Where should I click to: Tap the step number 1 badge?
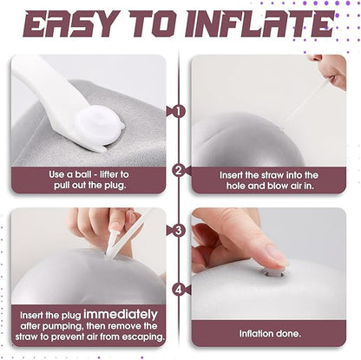[179, 111]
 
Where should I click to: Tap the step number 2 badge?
[179, 170]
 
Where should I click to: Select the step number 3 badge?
[179, 231]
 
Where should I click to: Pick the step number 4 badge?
[179, 290]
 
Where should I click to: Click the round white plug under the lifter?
[98, 125]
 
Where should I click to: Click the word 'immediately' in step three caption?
[121, 314]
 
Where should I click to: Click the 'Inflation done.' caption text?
[270, 334]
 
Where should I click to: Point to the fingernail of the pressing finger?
[277, 255]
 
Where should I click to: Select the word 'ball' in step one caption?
[82, 174]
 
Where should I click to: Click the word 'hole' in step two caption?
[236, 186]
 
